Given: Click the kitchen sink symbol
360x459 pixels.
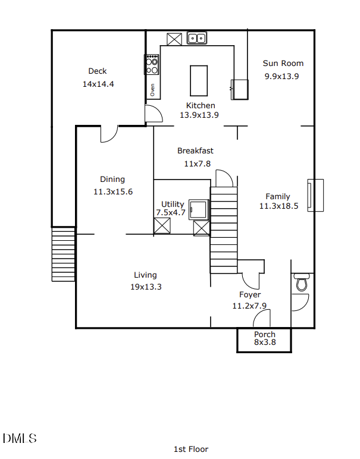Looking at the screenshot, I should point(196,39).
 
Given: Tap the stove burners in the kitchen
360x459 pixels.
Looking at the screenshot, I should point(152,64).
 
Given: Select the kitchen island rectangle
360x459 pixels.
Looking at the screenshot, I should point(198,80).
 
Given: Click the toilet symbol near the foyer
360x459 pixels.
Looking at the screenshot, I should point(302,283).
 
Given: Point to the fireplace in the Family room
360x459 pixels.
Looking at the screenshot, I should point(315,195).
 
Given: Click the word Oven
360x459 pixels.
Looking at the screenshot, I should point(152,90).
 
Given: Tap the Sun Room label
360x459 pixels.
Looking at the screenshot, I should point(283,63).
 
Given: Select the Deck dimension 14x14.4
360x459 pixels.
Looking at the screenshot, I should point(98,84).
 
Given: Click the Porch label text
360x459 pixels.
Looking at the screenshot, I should point(265,334).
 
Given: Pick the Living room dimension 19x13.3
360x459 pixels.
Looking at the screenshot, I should point(146,287).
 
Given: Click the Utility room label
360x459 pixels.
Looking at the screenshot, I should point(173,204).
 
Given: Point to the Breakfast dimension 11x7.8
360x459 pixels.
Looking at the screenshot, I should point(197,164).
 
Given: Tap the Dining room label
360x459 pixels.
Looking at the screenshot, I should point(112,179).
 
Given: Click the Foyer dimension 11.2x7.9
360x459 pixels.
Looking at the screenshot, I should point(249,306).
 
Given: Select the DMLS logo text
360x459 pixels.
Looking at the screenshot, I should point(20,439).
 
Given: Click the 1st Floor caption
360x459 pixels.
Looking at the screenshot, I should point(190,449).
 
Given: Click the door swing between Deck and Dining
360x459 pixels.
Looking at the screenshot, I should point(108,134).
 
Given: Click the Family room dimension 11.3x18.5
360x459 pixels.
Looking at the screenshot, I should point(278,206).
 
